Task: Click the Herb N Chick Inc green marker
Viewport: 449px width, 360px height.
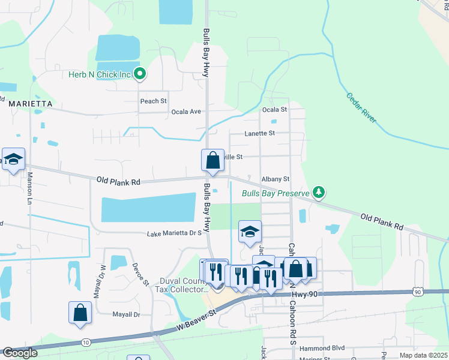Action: click(x=140, y=74)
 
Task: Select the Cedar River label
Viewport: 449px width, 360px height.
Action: click(x=361, y=108)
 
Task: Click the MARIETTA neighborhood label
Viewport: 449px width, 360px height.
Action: click(x=31, y=104)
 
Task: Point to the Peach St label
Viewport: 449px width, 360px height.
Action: click(x=154, y=101)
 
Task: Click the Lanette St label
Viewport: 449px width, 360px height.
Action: click(x=260, y=133)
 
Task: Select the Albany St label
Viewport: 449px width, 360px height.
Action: click(x=276, y=179)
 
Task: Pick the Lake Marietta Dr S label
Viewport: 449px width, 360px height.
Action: click(x=174, y=233)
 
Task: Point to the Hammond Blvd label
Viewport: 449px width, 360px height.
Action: click(x=322, y=348)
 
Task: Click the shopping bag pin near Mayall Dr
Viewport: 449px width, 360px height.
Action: click(x=80, y=313)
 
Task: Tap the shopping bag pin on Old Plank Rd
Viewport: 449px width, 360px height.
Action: click(x=212, y=160)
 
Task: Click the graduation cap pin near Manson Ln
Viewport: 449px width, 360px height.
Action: click(x=13, y=159)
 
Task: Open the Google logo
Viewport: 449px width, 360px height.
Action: click(x=20, y=353)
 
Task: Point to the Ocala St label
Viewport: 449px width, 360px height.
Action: click(x=275, y=110)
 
